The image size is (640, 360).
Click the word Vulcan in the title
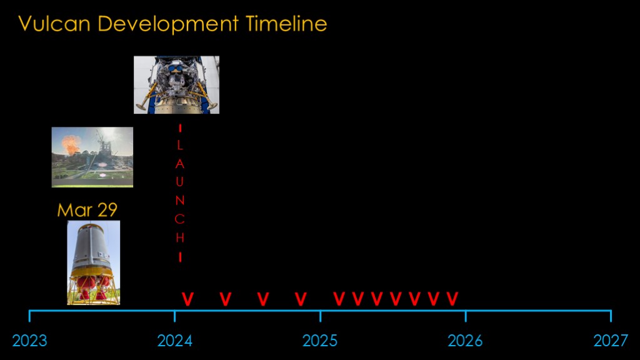pos(54,24)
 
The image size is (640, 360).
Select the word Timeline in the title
pos(286,24)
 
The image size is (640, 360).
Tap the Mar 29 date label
pos(87,210)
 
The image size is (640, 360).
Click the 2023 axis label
pos(30,341)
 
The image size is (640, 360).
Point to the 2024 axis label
pos(175,341)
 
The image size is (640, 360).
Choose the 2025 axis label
pos(320,341)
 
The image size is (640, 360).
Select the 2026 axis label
pos(465,341)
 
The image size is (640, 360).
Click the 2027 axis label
pos(611,341)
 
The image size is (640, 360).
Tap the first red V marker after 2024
pos(187,299)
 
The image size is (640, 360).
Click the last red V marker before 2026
pos(452,299)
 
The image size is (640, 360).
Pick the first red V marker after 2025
pos(339,299)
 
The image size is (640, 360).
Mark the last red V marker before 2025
pos(301,299)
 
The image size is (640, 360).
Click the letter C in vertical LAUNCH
pos(179,219)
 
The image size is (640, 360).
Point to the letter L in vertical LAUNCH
pos(180,145)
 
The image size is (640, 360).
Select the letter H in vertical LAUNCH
pos(180,237)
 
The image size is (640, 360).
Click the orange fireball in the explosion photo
pos(71,145)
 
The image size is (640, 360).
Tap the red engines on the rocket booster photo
pos(94,287)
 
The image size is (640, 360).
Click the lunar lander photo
pos(176,85)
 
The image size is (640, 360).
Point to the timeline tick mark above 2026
pos(465,316)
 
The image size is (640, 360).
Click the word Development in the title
pos(167,24)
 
